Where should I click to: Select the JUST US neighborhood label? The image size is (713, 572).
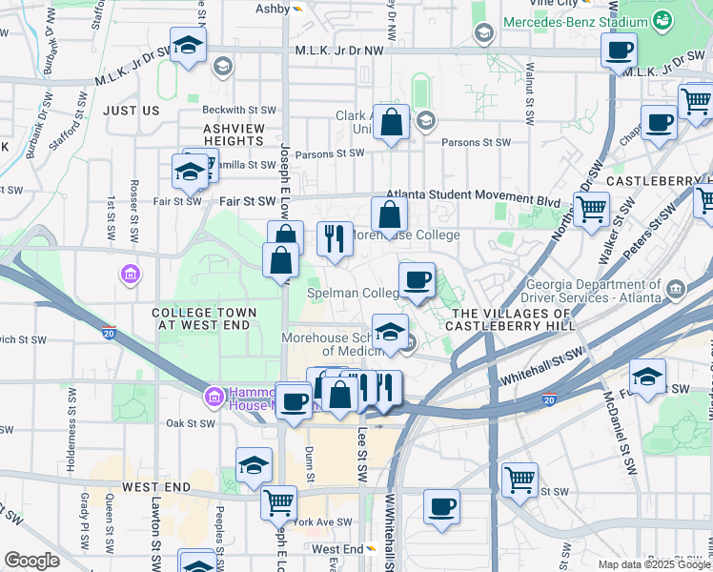[x=132, y=111]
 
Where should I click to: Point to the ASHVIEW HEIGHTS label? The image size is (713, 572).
[x=234, y=133]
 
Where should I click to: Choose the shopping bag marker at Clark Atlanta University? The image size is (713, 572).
[x=391, y=123]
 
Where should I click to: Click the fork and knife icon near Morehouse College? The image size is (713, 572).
[x=335, y=238]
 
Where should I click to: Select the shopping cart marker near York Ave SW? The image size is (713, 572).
[x=278, y=502]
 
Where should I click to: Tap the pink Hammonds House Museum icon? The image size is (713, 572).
[x=214, y=395]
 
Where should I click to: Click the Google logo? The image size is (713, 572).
[x=31, y=561]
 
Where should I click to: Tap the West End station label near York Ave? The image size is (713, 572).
[x=337, y=549]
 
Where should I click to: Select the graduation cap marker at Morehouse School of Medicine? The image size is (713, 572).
[x=390, y=332]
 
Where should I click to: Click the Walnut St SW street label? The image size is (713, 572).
[x=530, y=93]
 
